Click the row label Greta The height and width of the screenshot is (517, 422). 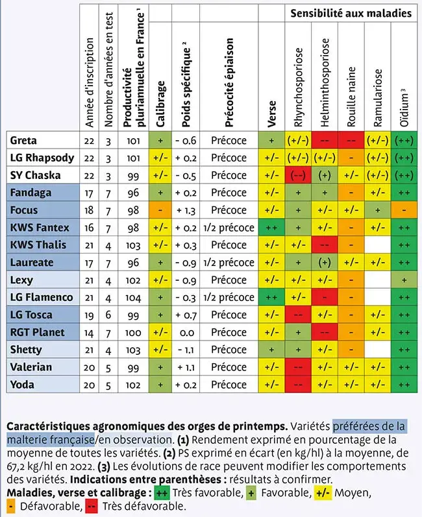click(x=24, y=140)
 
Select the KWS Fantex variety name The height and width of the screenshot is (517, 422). click(x=40, y=228)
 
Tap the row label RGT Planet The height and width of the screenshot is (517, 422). click(x=38, y=333)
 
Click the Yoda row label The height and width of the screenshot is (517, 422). click(x=23, y=385)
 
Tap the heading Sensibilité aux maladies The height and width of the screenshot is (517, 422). click(x=351, y=12)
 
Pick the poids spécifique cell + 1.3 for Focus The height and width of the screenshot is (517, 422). click(x=185, y=210)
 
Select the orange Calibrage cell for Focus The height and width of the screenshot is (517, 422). click(x=160, y=210)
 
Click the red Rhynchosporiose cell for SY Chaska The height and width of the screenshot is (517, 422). click(x=298, y=175)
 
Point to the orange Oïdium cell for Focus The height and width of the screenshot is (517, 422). click(x=404, y=210)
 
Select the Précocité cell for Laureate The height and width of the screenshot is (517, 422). click(x=229, y=263)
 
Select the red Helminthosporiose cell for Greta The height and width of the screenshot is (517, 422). click(x=325, y=140)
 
